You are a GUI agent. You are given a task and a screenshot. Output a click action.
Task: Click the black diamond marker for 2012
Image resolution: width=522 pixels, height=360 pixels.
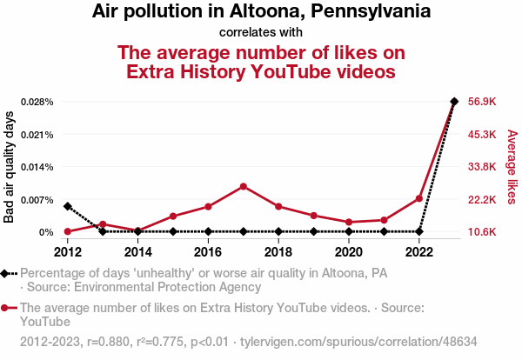coord(68,206)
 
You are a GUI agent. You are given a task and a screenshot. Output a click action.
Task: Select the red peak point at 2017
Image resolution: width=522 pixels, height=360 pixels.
coord(244,186)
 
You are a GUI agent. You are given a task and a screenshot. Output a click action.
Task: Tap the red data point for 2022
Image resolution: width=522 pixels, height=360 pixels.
coord(419,198)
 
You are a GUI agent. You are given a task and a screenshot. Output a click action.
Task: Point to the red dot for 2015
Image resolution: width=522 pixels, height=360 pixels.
coord(173,216)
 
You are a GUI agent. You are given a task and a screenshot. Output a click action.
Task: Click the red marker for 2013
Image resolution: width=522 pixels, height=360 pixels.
coord(103,224)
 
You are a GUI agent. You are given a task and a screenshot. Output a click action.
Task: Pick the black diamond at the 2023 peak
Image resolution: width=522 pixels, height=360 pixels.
coord(454,102)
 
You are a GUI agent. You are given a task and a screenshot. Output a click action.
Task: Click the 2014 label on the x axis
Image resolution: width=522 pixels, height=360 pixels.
coord(138,252)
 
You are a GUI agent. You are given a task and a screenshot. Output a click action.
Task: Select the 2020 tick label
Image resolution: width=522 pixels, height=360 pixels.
coord(349,252)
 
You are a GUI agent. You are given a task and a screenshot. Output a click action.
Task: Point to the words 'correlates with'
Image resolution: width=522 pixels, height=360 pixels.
coord(261,33)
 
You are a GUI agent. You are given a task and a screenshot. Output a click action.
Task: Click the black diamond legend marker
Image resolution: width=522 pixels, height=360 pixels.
coord(8,273)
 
